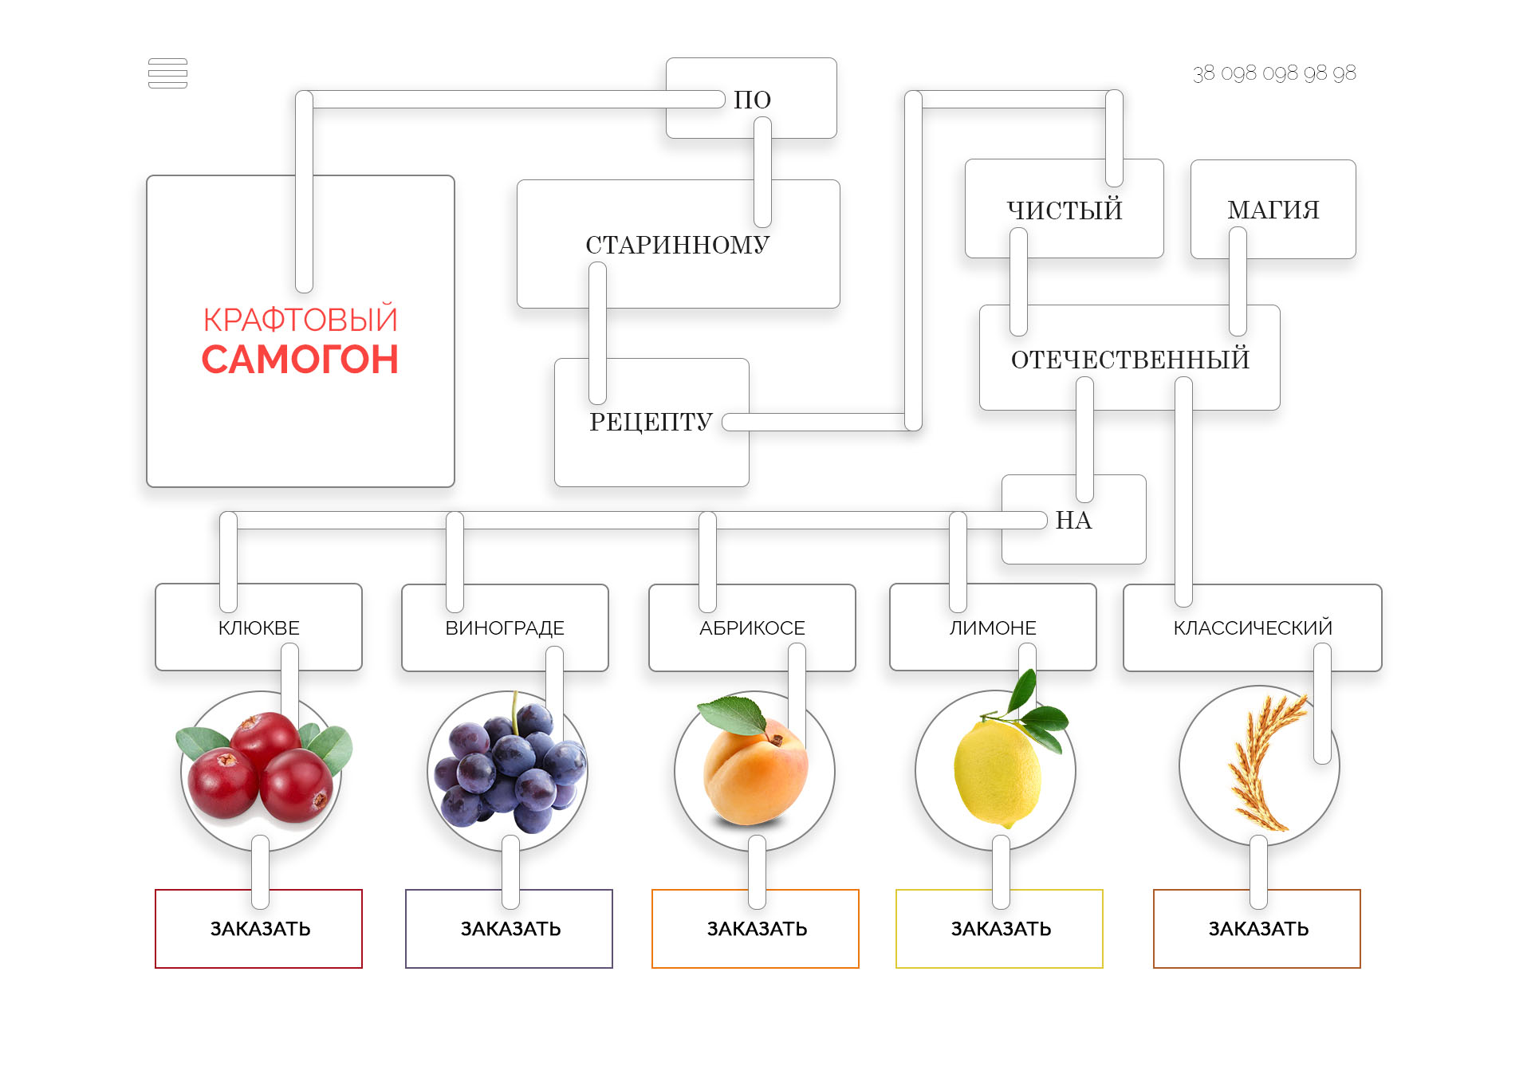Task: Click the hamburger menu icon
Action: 167,73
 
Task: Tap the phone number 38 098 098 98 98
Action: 1274,73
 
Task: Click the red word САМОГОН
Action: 300,360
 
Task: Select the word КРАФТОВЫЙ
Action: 300,320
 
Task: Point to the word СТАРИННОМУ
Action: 678,245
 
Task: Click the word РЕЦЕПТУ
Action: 651,422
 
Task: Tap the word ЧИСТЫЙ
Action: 1065,210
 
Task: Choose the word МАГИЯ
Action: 1273,210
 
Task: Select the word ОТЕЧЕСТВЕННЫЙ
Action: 1130,360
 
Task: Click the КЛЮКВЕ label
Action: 259,628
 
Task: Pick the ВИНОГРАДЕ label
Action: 505,628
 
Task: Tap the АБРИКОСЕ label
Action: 752,628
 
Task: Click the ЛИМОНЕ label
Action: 993,628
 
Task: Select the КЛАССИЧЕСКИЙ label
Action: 1253,628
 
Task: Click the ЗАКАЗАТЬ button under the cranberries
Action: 260,929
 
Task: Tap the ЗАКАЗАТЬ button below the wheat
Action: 1258,929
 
